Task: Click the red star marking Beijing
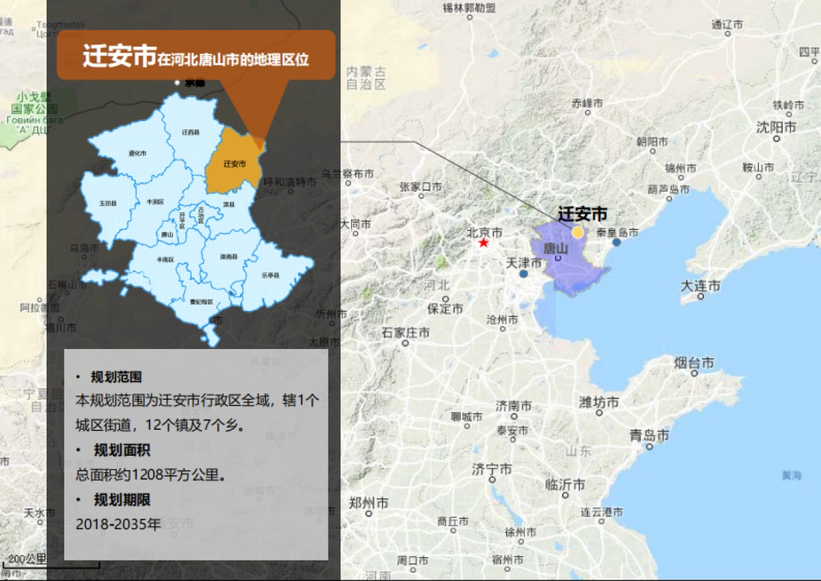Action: click(484, 243)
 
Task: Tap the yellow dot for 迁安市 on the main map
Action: click(578, 232)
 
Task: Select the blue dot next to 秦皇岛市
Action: click(617, 242)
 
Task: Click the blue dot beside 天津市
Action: click(523, 274)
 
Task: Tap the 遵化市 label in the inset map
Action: click(138, 154)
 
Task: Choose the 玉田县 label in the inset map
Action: click(107, 203)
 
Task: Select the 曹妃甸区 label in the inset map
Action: click(201, 302)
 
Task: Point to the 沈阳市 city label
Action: click(776, 127)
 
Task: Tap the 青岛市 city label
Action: click(649, 436)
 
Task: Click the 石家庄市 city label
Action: click(406, 333)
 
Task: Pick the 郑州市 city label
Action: click(369, 503)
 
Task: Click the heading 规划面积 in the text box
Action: click(122, 450)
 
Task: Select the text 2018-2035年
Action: click(118, 525)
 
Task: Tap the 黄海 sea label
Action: click(792, 476)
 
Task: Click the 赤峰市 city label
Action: click(588, 103)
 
